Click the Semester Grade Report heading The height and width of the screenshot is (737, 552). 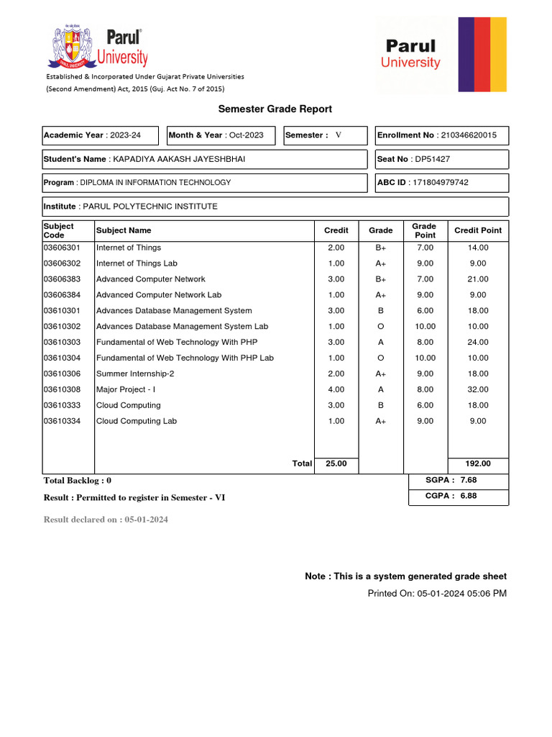(275, 109)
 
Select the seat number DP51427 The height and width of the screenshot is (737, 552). (433, 159)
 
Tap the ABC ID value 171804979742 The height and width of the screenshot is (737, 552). (441, 183)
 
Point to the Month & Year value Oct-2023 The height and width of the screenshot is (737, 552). (247, 135)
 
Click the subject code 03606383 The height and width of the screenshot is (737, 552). (63, 279)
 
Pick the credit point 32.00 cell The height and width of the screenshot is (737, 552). (478, 389)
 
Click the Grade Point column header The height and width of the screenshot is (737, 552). (424, 230)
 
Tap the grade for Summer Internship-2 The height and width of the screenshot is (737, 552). (381, 374)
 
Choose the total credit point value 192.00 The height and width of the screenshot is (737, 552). (478, 464)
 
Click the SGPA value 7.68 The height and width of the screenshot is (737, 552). (469, 480)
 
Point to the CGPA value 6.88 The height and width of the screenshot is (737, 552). (469, 496)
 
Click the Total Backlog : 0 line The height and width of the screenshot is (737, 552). (78, 480)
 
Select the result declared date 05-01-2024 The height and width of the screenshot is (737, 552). (146, 520)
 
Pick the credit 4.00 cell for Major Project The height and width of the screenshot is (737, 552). (336, 389)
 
